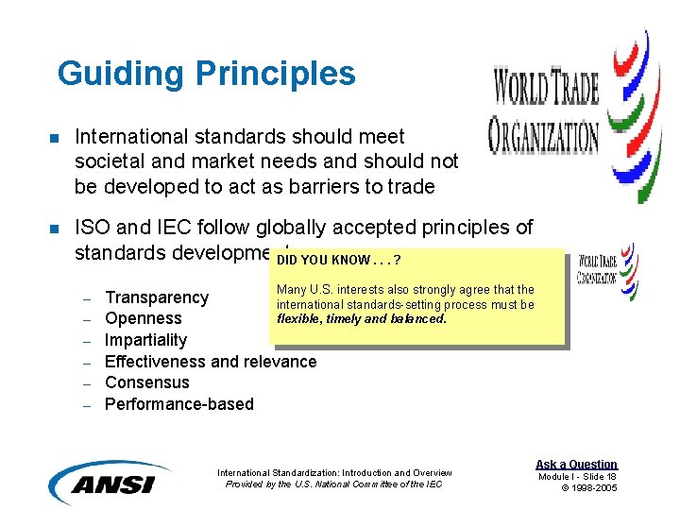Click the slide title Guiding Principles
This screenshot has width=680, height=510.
(206, 74)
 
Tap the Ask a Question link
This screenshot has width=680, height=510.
(576, 464)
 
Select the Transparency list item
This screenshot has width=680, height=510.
(157, 297)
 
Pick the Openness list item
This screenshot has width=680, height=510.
(144, 318)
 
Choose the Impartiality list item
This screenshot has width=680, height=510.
(145, 340)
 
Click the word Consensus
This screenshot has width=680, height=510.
(147, 382)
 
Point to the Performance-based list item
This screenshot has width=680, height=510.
(179, 404)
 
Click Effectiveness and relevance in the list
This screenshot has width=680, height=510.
(211, 362)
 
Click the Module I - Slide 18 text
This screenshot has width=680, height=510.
(577, 476)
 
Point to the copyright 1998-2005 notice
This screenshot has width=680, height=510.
(589, 487)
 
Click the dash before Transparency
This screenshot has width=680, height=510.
(85, 298)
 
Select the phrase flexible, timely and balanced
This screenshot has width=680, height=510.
(362, 318)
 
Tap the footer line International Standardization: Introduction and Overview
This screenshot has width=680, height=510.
(334, 472)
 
